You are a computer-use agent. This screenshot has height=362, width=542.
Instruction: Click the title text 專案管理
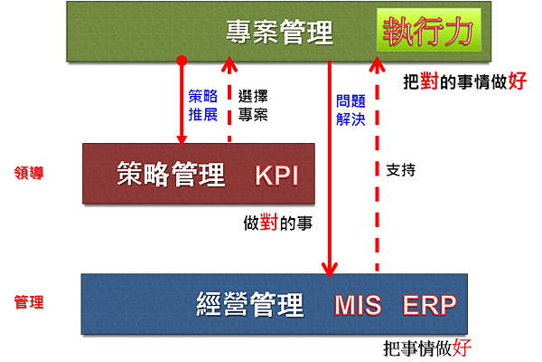279,34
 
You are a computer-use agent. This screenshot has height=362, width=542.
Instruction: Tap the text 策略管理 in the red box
171,173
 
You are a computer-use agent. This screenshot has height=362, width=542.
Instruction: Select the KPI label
276,174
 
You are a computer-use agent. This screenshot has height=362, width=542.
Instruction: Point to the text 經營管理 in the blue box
250,305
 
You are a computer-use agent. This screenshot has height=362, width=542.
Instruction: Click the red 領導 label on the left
28,170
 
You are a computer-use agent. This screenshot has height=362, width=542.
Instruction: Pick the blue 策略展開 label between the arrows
204,105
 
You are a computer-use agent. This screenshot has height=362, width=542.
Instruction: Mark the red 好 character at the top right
518,81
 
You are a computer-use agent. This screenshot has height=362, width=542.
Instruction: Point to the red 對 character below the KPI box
268,222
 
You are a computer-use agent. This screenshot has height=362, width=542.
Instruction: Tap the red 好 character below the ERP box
461,347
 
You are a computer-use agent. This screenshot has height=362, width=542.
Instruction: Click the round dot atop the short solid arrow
182,62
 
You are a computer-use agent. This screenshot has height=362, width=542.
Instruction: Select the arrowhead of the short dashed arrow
229,65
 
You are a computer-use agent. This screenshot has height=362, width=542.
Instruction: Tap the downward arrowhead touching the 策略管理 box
182,138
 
